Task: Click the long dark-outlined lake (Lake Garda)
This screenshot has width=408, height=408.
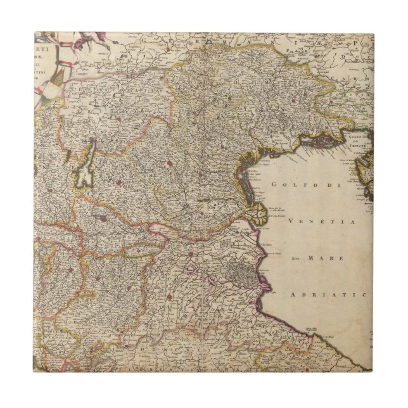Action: pos(84,170)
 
